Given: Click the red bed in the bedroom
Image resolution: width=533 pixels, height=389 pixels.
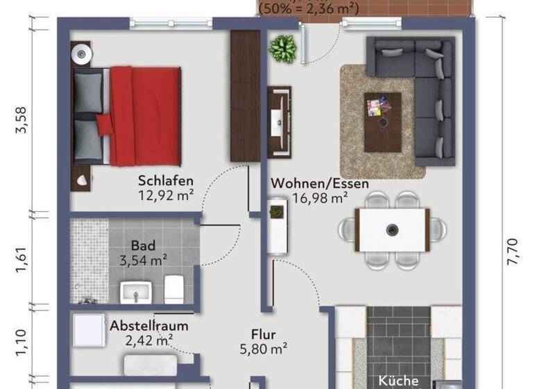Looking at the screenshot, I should point(139,116).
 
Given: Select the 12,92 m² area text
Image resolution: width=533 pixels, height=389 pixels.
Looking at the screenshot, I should point(166,195).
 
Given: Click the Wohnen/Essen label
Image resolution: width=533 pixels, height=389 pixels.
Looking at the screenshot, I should point(320,184).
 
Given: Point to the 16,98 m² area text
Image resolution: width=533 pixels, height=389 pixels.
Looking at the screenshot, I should point(320,199).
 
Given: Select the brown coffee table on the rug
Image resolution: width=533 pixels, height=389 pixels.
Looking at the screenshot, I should point(382,121).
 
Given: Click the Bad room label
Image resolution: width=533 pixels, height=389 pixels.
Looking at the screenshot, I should point(143,245).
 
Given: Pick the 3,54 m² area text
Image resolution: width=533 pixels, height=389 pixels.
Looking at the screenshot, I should point(143,260).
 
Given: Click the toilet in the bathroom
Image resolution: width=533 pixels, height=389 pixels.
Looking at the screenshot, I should point(174,288).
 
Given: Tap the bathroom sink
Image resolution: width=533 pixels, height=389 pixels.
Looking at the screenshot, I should point(135,292).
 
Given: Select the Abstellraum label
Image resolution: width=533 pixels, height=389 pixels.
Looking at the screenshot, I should point(149,325).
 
